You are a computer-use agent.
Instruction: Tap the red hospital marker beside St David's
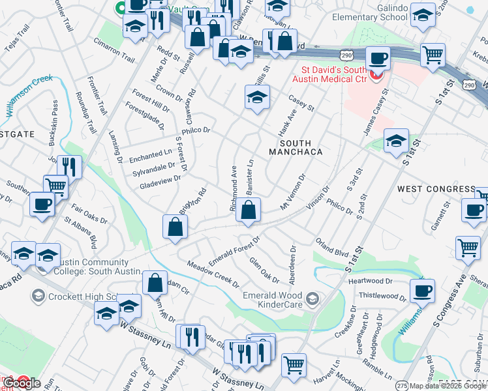374,77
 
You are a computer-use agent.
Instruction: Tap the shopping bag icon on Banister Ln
249,210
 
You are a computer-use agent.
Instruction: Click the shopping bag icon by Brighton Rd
175,227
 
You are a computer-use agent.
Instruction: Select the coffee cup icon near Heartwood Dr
422,291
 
